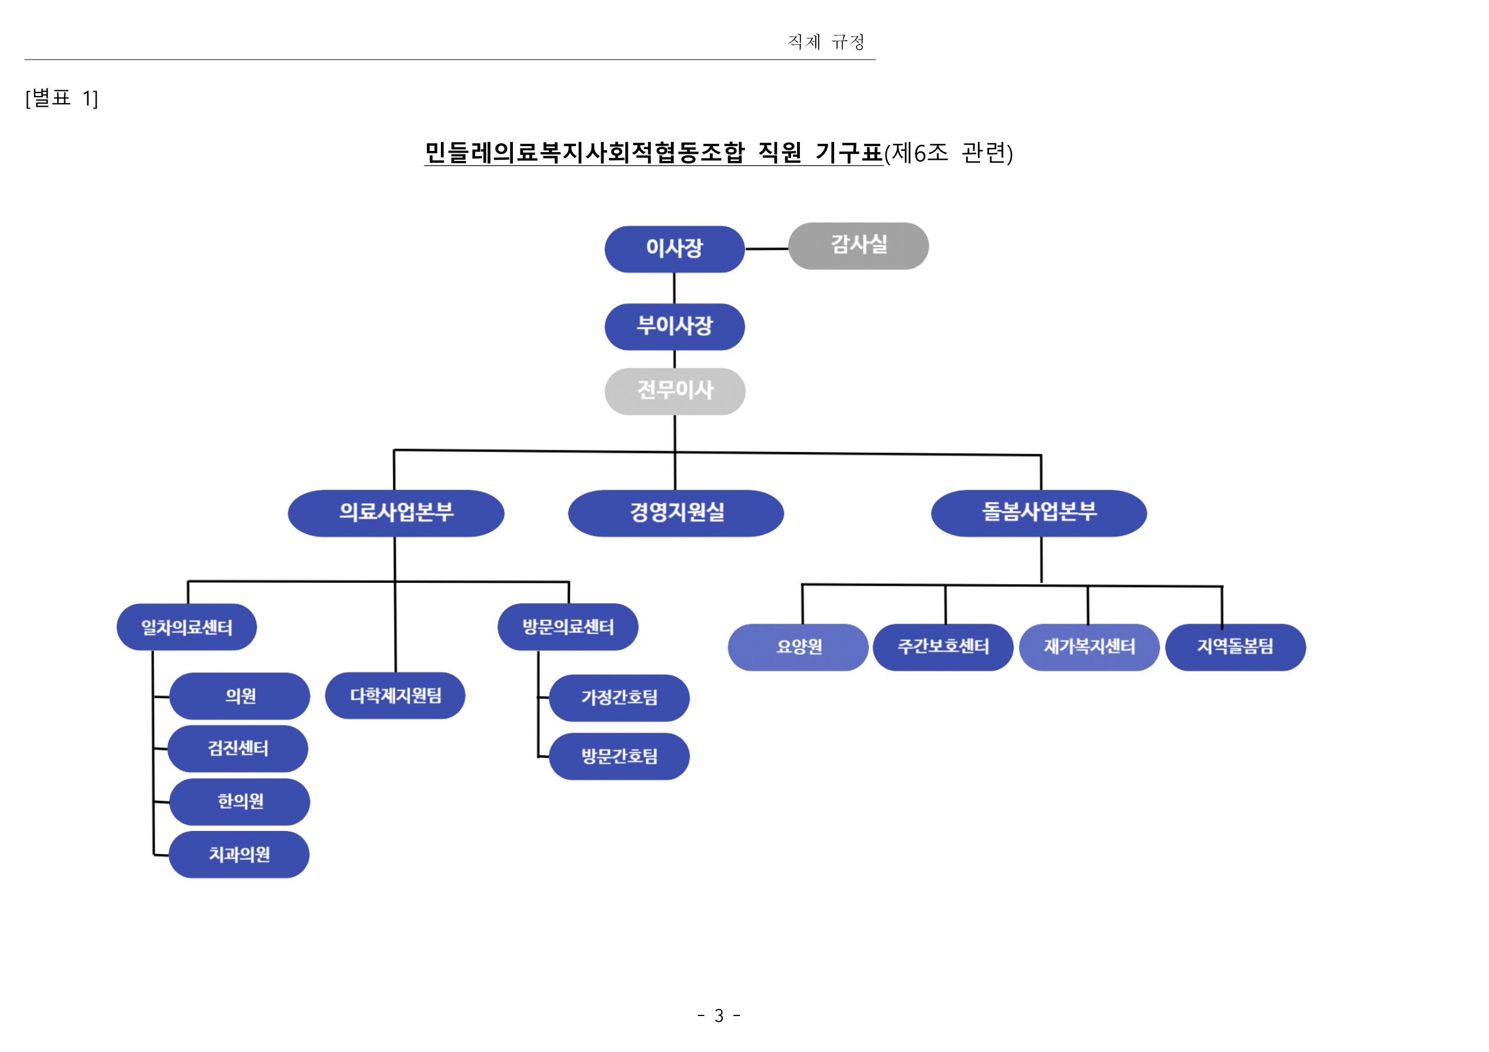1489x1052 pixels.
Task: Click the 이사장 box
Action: point(674,249)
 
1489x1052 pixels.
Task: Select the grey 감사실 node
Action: point(858,246)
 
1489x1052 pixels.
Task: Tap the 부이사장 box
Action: point(674,327)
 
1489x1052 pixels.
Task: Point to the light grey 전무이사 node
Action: point(674,391)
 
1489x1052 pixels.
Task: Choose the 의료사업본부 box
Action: point(396,513)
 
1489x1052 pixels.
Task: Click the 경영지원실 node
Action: point(676,513)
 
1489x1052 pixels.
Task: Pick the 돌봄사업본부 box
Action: point(1038,513)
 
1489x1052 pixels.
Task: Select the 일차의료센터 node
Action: point(187,627)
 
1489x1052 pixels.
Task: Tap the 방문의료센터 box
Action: point(568,627)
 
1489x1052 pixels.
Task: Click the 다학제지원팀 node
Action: point(395,695)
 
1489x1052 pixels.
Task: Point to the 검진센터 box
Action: point(238,748)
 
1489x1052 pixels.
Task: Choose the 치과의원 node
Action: point(239,854)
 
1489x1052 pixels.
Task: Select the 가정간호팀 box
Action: point(619,698)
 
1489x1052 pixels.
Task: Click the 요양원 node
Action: point(798,647)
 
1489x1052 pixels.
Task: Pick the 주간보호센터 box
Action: point(943,647)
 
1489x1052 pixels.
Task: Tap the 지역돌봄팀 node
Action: point(1235,647)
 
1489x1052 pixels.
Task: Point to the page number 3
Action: point(719,1015)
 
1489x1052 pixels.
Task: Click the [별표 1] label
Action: point(62,98)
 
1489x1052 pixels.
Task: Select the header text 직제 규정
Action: point(826,42)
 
